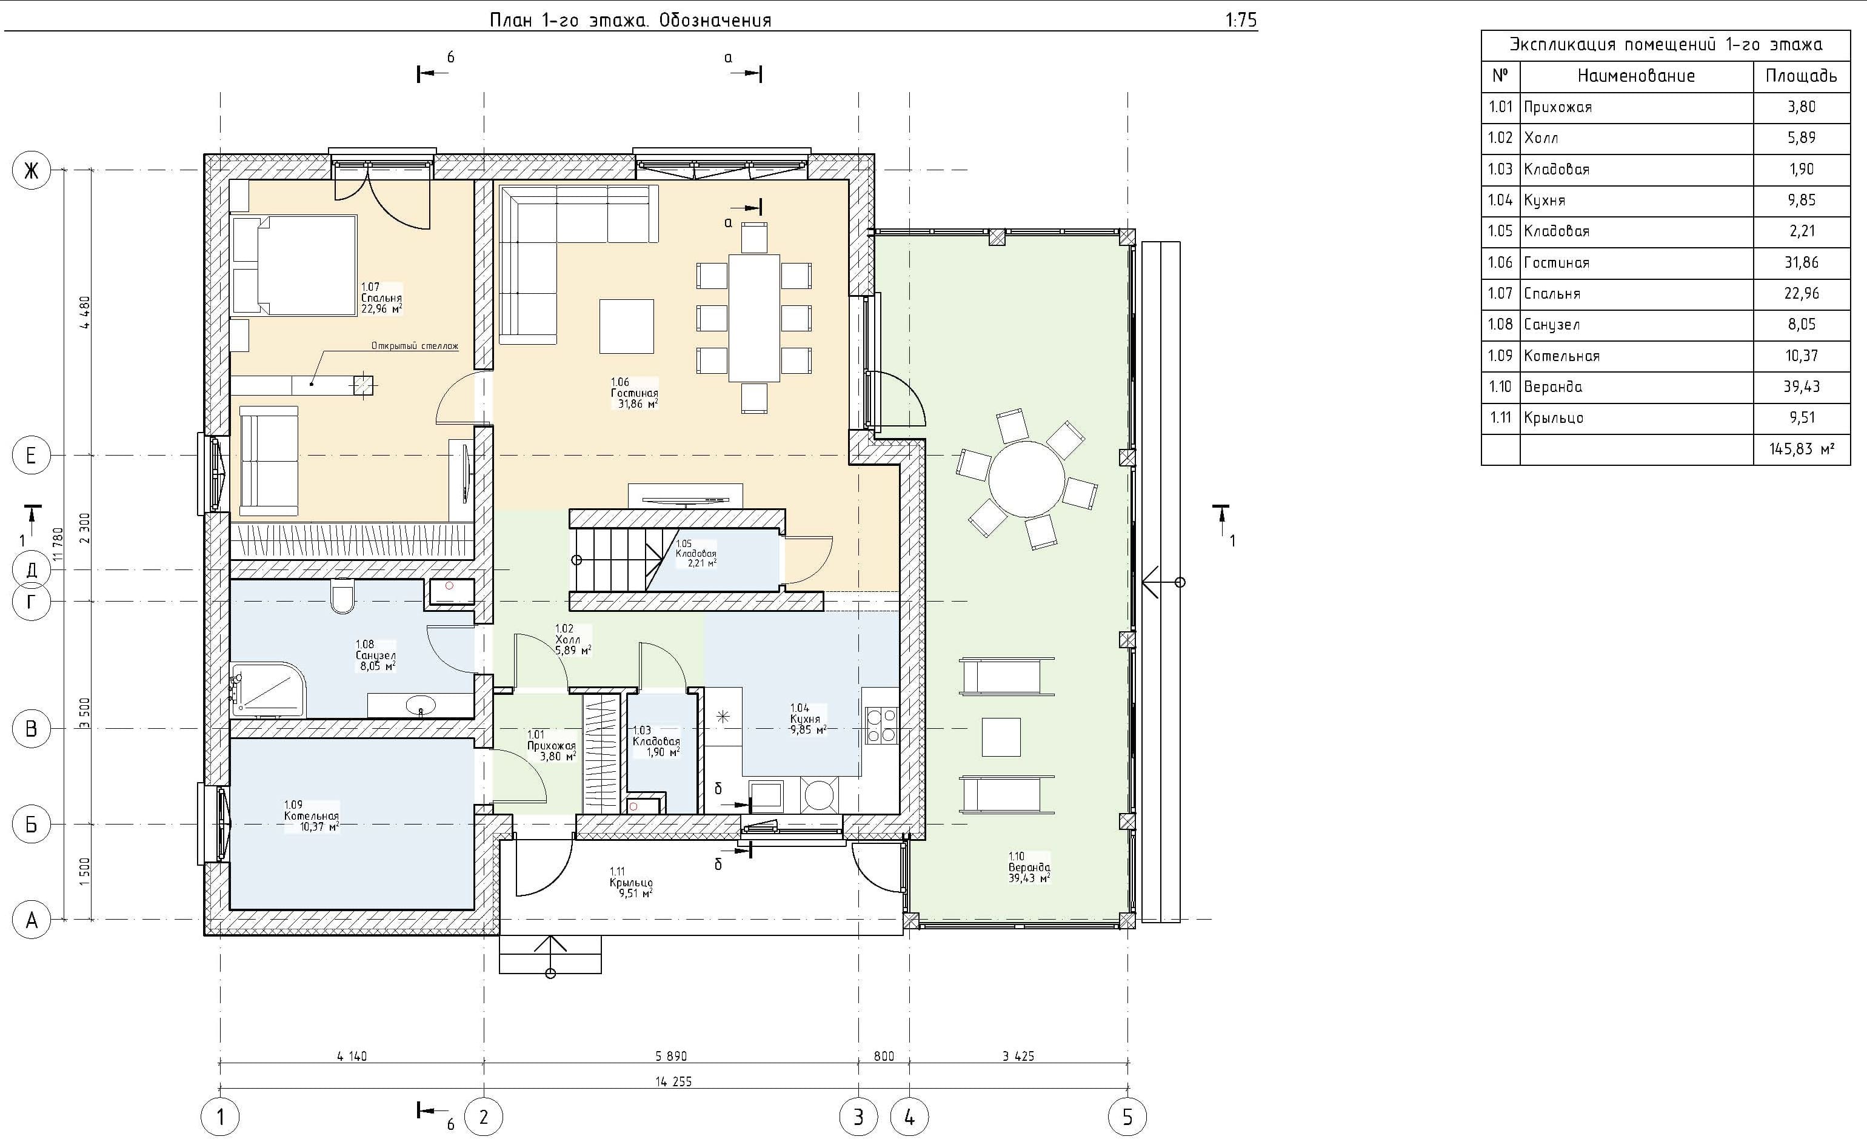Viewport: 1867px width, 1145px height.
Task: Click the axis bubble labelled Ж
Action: (x=31, y=170)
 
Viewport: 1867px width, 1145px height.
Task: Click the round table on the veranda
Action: (x=1026, y=479)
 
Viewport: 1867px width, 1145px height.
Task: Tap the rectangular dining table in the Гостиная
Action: (x=754, y=318)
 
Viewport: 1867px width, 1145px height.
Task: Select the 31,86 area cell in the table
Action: (x=1801, y=263)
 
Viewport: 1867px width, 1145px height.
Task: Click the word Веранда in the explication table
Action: (x=1553, y=387)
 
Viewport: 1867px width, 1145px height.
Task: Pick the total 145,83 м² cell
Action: (x=1801, y=449)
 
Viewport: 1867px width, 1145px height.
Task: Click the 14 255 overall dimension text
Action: (x=673, y=1081)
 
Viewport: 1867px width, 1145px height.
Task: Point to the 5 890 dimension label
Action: (x=672, y=1055)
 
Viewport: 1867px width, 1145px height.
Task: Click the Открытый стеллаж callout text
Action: (x=415, y=346)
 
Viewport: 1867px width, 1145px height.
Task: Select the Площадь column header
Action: (x=1801, y=76)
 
